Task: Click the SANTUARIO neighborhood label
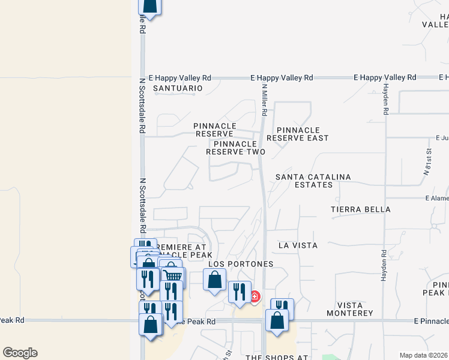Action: pos(178,88)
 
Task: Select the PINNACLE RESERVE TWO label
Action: pos(235,148)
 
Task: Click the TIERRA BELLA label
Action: pos(361,209)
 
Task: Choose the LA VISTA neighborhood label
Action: pos(298,245)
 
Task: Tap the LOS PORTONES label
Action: pos(241,264)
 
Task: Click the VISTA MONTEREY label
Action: pos(350,313)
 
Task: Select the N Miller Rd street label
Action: pos(264,99)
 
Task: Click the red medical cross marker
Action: pos(255,296)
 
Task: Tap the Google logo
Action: pos(20,353)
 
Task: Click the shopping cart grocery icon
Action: pos(173,277)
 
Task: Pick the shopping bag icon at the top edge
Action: pos(150,6)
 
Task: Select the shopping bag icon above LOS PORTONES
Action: pos(214,280)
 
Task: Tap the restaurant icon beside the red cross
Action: pos(240,292)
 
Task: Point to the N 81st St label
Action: pos(428,162)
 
